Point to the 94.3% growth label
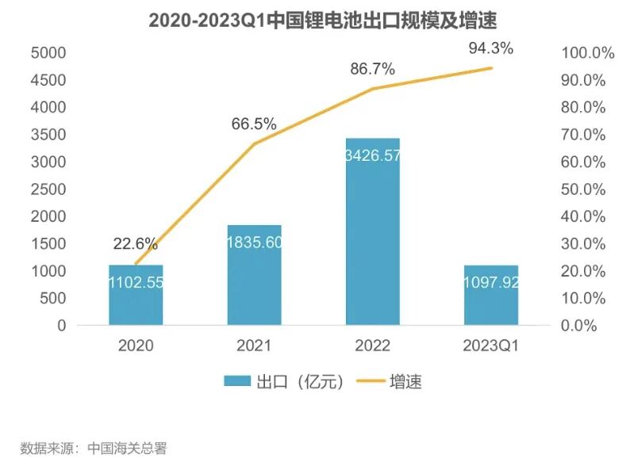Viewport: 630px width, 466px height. tap(490, 48)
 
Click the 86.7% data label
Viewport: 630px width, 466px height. tap(372, 69)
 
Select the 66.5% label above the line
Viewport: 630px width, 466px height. tap(254, 124)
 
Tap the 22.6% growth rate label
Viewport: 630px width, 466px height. tap(135, 244)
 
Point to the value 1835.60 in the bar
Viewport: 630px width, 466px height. tap(254, 243)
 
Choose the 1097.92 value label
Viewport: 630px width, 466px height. tap(490, 282)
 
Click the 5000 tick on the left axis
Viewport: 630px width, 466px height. tap(48, 53)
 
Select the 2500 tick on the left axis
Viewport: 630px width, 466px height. tap(48, 189)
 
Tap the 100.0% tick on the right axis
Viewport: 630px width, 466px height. tap(588, 53)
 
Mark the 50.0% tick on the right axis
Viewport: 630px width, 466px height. tap(588, 189)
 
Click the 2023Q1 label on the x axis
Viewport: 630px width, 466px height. tap(490, 346)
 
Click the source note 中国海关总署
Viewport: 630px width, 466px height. tap(127, 449)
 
